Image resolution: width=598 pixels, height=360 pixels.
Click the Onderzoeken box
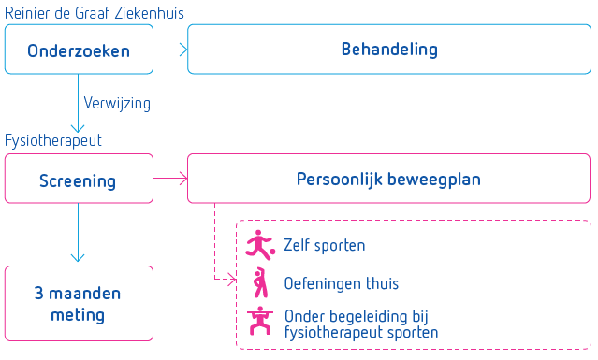pos(79,50)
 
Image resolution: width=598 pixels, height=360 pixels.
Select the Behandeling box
pos(389,50)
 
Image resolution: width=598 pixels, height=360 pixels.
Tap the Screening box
pos(79,180)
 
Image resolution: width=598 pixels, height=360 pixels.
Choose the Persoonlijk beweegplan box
pos(389,179)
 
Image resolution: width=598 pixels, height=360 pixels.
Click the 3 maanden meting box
pos(79,303)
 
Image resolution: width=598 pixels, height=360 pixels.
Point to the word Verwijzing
pos(117,102)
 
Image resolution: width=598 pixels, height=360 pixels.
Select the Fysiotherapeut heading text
pos(53,140)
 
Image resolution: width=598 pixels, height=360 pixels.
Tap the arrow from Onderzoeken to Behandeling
pos(170,50)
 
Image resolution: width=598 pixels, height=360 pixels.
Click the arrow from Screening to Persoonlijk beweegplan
pos(170,179)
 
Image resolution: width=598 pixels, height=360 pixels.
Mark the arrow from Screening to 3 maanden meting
pos(79,234)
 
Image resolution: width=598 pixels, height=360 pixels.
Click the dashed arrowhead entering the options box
pos(228,278)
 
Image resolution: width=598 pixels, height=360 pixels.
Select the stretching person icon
pos(259,281)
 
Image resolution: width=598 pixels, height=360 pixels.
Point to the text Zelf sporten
pos(324,245)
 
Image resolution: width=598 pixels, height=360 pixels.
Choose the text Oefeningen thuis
pos(342,282)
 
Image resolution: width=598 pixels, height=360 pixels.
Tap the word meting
pos(79,315)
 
